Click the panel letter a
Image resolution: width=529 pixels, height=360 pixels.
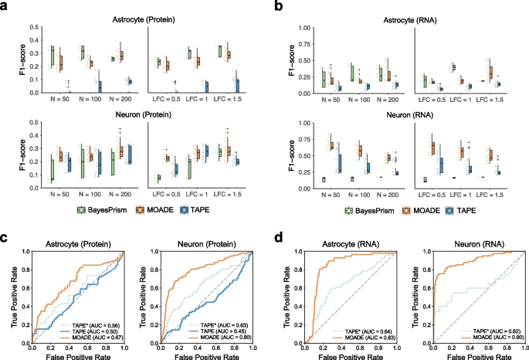[x=5, y=5]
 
